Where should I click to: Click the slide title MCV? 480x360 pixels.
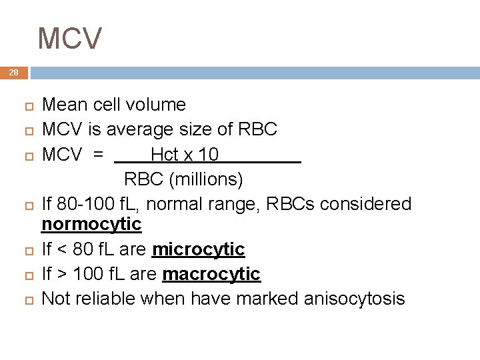pyautogui.click(x=70, y=38)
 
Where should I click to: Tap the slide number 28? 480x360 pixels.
pyautogui.click(x=14, y=73)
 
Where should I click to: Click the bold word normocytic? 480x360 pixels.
pyautogui.click(x=91, y=224)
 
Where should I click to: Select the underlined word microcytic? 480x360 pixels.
pyautogui.click(x=199, y=249)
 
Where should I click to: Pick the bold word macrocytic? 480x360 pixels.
pyautogui.click(x=211, y=274)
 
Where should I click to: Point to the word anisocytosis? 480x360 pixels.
pyautogui.click(x=354, y=299)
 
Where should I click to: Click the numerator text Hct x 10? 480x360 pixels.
pyautogui.click(x=184, y=155)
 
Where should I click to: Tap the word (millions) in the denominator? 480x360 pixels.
pyautogui.click(x=206, y=180)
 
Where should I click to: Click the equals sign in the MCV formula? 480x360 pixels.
pyautogui.click(x=99, y=155)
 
